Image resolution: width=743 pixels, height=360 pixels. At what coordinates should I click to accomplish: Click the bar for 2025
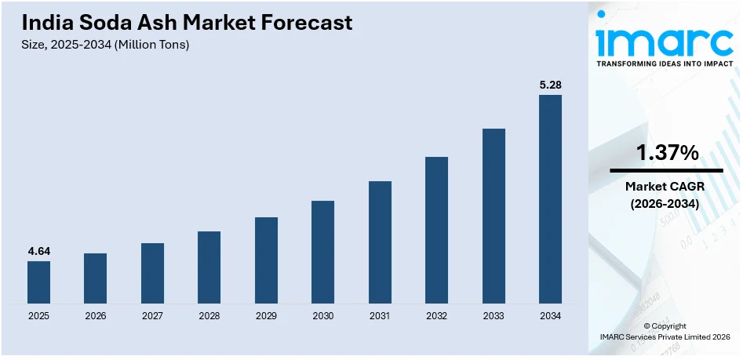tap(38, 282)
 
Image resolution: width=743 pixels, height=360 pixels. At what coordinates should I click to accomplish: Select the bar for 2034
tap(550, 199)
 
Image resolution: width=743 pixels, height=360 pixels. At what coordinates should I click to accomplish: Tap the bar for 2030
tap(322, 252)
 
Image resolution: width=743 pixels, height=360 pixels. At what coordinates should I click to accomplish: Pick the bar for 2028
tap(209, 267)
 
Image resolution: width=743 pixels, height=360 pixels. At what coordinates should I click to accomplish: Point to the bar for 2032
tap(436, 230)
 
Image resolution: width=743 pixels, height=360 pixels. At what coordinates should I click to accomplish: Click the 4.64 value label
tap(38, 251)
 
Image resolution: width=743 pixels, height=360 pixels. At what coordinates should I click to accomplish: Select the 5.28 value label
tap(550, 85)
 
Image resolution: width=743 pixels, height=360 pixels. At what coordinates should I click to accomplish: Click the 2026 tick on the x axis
tap(95, 316)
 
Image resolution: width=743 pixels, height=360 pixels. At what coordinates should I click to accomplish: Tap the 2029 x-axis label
tap(266, 316)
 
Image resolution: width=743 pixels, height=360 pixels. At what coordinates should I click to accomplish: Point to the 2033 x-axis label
tap(494, 316)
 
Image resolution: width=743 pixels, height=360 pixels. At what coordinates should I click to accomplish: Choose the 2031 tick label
tap(380, 316)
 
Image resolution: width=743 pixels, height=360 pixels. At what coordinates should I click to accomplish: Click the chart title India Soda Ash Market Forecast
tap(188, 23)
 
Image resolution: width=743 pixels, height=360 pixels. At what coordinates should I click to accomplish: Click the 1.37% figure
tap(667, 154)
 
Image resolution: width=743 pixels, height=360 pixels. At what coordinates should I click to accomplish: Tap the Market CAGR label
tap(667, 187)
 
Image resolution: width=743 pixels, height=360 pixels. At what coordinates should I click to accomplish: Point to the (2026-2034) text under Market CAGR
tap(667, 203)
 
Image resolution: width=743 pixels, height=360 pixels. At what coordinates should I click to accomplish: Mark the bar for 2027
tap(152, 273)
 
